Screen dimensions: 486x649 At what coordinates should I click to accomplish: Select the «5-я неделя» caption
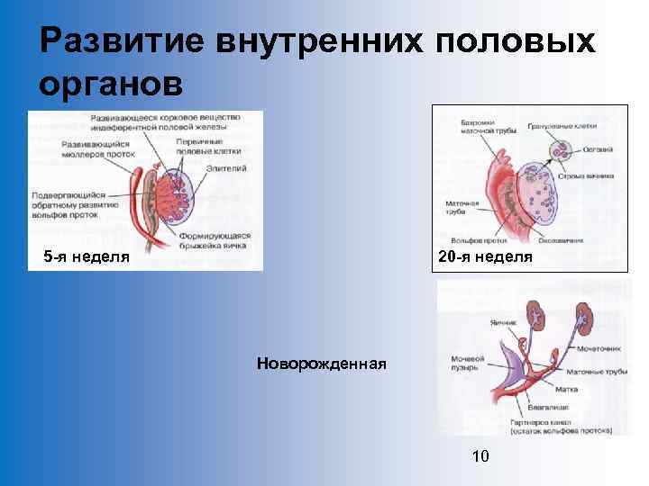[x=87, y=256]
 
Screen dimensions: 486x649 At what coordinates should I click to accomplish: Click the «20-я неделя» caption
[x=485, y=256]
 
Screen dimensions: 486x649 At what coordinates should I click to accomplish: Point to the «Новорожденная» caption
[x=322, y=364]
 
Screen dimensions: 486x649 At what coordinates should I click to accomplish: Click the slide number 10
[x=480, y=456]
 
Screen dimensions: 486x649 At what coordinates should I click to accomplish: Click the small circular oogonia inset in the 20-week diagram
[x=562, y=151]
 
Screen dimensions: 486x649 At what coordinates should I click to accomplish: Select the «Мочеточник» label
[x=596, y=346]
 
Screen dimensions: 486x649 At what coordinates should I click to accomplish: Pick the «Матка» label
[x=567, y=390]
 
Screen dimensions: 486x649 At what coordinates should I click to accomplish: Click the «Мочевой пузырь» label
[x=468, y=364]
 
